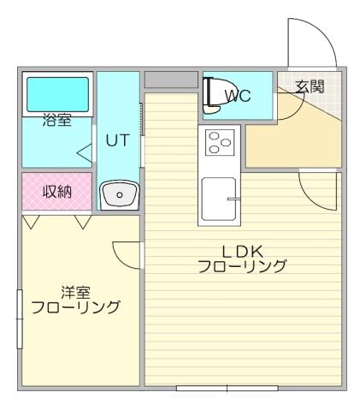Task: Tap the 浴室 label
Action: click(x=56, y=122)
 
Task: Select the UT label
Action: click(x=117, y=141)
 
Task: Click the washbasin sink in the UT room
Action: click(x=118, y=194)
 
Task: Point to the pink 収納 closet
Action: click(x=56, y=192)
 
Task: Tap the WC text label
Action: click(x=237, y=96)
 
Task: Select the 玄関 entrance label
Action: click(x=310, y=86)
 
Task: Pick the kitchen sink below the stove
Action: click(x=220, y=199)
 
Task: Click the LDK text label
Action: click(x=241, y=251)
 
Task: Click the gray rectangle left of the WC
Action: click(x=170, y=80)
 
